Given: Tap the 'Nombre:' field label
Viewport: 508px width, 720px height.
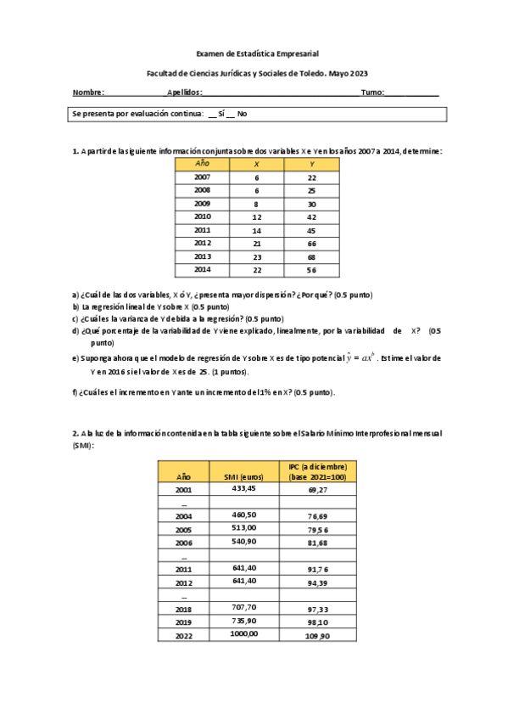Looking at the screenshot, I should (88, 92).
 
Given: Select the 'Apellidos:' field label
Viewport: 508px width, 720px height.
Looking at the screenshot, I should (184, 92).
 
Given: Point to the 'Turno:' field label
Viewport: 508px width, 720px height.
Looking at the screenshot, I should (372, 92).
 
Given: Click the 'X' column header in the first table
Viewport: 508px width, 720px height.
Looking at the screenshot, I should (257, 163).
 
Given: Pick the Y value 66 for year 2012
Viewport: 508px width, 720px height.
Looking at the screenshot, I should (312, 243).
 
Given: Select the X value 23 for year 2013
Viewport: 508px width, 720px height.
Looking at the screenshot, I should (257, 256).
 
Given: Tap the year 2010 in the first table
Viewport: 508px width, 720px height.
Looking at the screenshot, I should (202, 217).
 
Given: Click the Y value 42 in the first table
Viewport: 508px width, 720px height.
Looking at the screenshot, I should (312, 217).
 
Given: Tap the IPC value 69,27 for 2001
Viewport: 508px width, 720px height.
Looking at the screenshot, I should (318, 490).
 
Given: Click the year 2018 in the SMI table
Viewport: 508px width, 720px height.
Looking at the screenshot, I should (183, 609).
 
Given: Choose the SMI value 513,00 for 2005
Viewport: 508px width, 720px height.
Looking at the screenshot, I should (243, 528).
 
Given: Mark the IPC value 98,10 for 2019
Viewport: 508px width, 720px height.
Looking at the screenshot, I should (318, 622).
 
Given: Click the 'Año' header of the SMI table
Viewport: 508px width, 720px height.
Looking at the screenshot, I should (183, 477).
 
